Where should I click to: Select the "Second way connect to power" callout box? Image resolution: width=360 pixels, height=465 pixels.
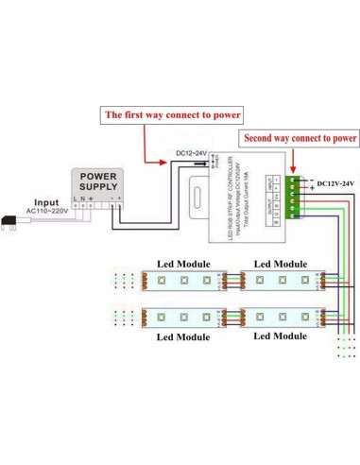301,137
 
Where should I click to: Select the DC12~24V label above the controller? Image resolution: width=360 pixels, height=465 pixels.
194,153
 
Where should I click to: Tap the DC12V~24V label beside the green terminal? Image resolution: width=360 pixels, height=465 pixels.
336,182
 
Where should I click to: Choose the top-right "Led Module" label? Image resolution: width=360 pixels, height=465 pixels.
278,264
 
